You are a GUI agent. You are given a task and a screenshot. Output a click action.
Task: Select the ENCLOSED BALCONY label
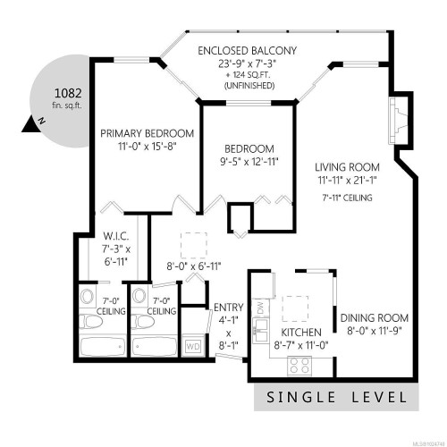coord(249,51)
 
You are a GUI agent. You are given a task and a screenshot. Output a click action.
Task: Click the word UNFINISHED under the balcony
coord(249,86)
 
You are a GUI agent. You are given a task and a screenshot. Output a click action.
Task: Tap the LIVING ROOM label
coord(348,167)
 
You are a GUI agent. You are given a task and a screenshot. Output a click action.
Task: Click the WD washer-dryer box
coord(192,346)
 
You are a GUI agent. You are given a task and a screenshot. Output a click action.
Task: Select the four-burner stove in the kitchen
coord(299,364)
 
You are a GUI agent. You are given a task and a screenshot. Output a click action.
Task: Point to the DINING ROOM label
coord(374,318)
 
